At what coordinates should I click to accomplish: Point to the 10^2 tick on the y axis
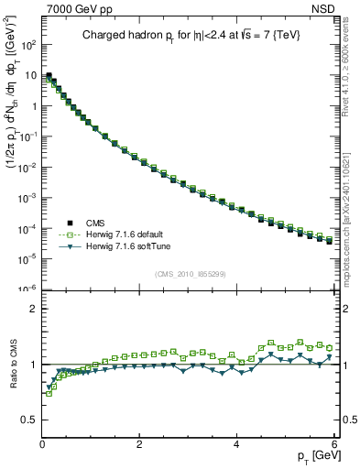tap(29, 44)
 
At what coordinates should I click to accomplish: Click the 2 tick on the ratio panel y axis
tap(34, 309)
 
